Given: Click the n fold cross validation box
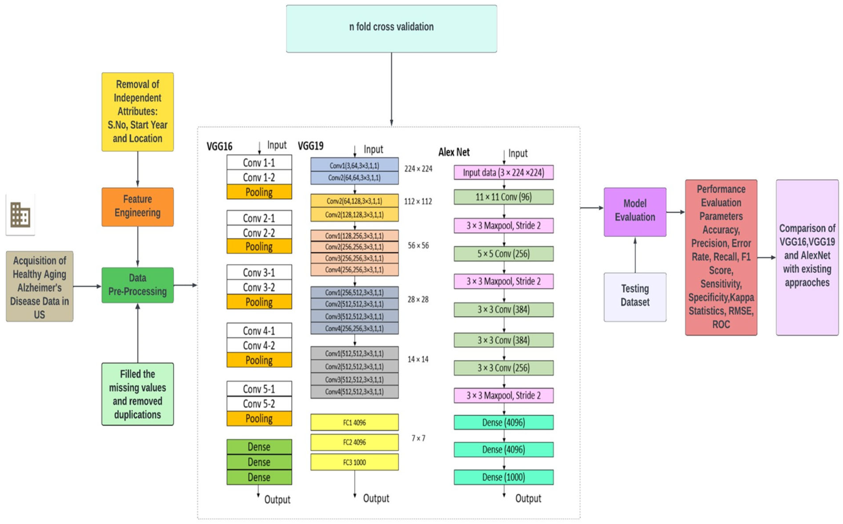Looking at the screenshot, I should (391, 29).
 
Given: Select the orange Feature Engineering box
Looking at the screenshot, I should (137, 207).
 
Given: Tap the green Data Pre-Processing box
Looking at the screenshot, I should (137, 285).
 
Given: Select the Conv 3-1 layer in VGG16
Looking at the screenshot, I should (259, 272).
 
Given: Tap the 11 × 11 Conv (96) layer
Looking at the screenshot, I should (503, 197).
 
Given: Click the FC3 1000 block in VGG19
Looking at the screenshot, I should (354, 462).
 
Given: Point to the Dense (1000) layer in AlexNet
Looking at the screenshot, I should (503, 477).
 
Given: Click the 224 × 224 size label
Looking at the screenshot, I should (418, 169).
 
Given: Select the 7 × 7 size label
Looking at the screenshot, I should (418, 438).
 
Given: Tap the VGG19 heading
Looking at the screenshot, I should (310, 146).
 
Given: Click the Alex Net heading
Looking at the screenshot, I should (454, 152).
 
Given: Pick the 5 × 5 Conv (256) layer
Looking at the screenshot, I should (503, 254).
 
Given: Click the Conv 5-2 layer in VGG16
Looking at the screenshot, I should (259, 403).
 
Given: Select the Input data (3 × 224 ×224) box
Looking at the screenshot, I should (503, 172).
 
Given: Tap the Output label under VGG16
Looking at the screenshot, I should (277, 499).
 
